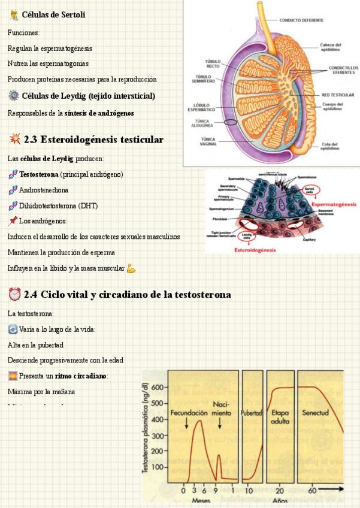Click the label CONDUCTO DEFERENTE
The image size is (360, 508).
pyautogui.click(x=301, y=20)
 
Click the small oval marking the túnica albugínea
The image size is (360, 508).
pyautogui.click(x=231, y=122)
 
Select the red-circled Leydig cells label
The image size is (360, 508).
pyautogui.click(x=246, y=228)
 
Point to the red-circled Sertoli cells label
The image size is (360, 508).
pyautogui.click(x=309, y=189)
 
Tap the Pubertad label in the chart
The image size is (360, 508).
pyautogui.click(x=252, y=413)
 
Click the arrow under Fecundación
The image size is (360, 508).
pyautogui.click(x=187, y=424)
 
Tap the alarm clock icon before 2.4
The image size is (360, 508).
pyautogui.click(x=14, y=295)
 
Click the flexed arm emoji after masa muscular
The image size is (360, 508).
pyautogui.click(x=131, y=268)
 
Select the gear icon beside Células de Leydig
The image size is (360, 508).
pyautogui.click(x=14, y=96)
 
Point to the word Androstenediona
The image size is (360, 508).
pyautogui.click(x=43, y=190)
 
